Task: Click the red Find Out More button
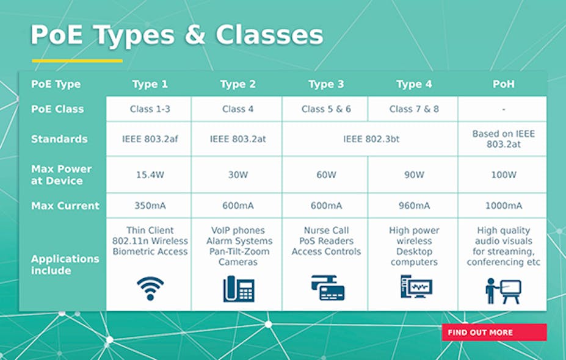click(494, 333)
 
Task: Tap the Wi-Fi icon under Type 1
click(150, 288)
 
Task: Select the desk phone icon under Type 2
click(238, 289)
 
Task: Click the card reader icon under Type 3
click(327, 287)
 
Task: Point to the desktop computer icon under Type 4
click(416, 287)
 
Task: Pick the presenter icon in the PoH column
click(503, 290)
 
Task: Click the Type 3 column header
click(325, 84)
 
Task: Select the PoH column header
click(503, 84)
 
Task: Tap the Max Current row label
click(65, 206)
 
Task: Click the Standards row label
click(59, 139)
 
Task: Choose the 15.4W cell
click(150, 175)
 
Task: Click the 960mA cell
click(413, 206)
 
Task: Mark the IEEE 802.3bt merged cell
click(371, 139)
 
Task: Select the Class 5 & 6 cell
click(325, 109)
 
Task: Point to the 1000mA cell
click(503, 206)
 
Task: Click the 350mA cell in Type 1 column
click(150, 206)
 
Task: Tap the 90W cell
click(413, 175)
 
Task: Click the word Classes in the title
click(269, 35)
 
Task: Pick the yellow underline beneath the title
click(77, 61)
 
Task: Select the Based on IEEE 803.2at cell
click(503, 139)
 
